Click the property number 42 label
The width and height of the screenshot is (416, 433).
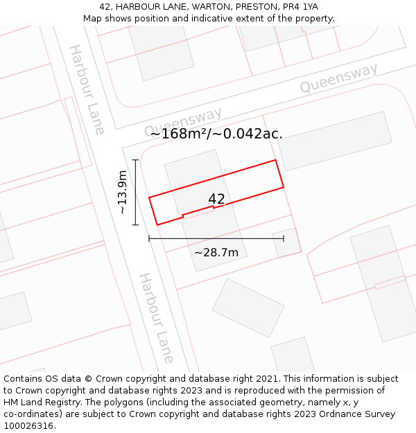[x=216, y=200]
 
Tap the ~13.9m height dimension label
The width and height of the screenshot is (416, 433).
[x=123, y=192]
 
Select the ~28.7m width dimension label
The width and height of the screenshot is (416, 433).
[x=216, y=253]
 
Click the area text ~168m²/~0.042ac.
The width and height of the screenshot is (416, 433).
[x=216, y=134]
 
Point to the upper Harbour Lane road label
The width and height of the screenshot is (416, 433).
[x=87, y=89]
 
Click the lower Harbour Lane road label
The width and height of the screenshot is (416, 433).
[x=156, y=318]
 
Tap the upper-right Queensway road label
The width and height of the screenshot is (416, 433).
[x=338, y=78]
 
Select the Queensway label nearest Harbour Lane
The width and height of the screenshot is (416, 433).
[x=183, y=122]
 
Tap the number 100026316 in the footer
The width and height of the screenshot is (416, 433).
[x=28, y=426]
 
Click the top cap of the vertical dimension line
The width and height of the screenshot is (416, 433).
[x=136, y=160]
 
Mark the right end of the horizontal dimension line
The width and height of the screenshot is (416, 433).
[x=284, y=238]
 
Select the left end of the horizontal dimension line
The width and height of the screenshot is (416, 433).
[x=149, y=238]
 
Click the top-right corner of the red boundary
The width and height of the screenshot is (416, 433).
[x=276, y=160]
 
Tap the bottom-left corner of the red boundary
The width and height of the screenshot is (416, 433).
[x=157, y=224]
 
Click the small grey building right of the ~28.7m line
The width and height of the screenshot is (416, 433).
[x=286, y=243]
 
